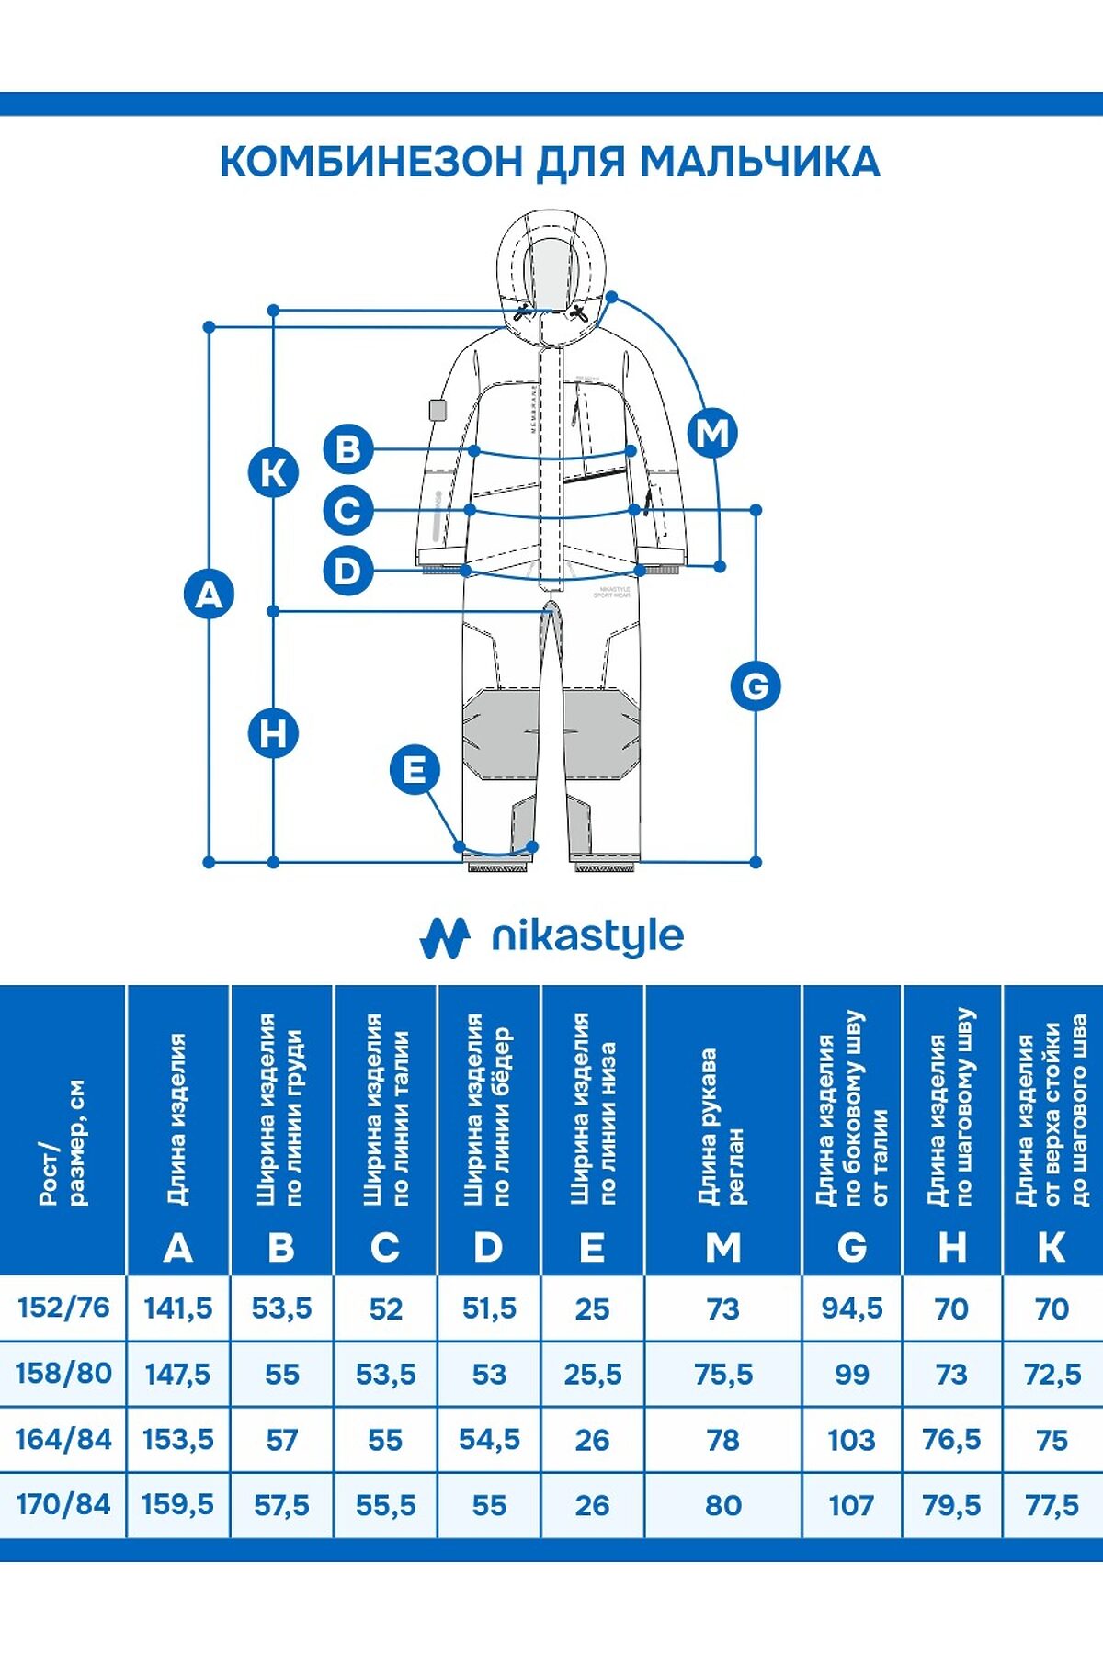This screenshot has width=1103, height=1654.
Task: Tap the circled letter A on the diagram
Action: (x=210, y=595)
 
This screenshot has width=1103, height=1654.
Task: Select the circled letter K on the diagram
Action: (x=274, y=473)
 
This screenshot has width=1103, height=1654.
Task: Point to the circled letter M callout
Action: (x=713, y=432)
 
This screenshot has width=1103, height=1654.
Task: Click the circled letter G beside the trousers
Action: (x=756, y=685)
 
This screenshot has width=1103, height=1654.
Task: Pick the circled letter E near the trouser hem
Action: (x=415, y=769)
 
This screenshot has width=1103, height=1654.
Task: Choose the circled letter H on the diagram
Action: (x=274, y=734)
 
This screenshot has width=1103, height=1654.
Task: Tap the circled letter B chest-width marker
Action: (x=348, y=449)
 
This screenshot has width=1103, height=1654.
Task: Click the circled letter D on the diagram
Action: (x=348, y=571)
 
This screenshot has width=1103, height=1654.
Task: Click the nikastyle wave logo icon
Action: (x=445, y=937)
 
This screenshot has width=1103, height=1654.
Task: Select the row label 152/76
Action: (x=63, y=1307)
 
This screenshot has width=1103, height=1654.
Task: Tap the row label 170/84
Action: (x=63, y=1504)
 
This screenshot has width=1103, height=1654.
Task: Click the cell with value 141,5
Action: (x=178, y=1308)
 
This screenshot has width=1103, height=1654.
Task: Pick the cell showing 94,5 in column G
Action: (x=852, y=1308)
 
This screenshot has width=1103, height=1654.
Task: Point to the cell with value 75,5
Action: (x=723, y=1374)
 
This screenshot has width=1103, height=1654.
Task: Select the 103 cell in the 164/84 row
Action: (x=852, y=1439)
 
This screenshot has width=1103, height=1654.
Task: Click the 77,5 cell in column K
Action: (x=1052, y=1505)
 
